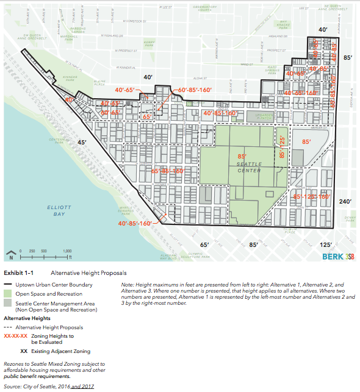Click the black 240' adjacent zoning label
tap(345, 201)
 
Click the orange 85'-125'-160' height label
tap(311, 197)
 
